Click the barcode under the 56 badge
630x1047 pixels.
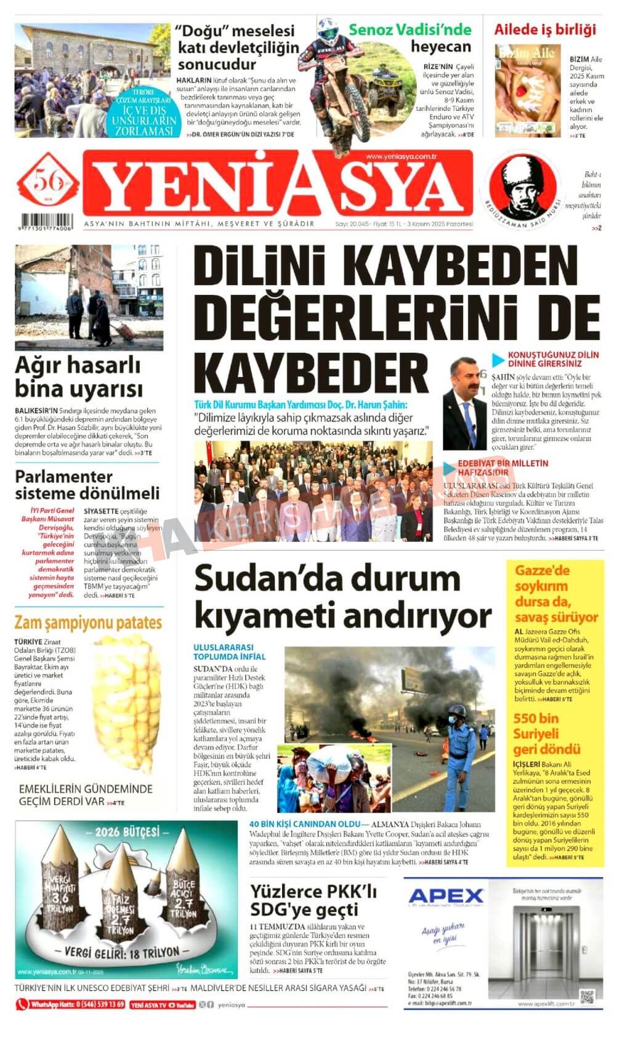[46, 222]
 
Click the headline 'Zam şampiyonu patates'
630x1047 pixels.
[88, 622]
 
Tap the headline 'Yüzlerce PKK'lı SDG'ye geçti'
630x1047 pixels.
[313, 900]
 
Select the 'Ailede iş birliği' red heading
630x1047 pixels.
[545, 30]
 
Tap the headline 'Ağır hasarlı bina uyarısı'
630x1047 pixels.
[78, 377]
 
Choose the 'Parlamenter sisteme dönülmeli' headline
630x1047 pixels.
[87, 485]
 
